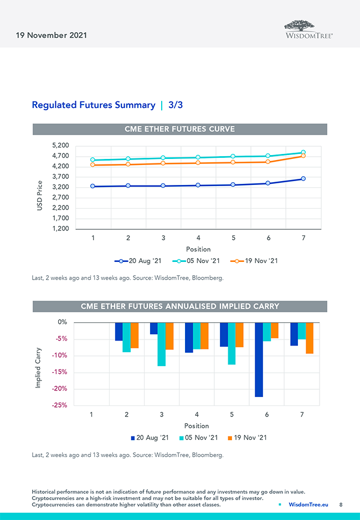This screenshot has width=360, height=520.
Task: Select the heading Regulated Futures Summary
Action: coord(94,105)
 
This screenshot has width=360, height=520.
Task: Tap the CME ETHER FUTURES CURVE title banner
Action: coord(179,129)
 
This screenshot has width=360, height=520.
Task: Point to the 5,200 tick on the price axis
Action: coord(60,146)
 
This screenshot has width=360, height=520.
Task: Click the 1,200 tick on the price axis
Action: coord(60,229)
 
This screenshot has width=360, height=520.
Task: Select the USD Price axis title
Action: coord(40,195)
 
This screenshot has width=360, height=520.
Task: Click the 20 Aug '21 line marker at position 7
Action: coord(303,178)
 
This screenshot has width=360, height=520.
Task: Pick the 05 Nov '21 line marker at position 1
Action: coord(93,160)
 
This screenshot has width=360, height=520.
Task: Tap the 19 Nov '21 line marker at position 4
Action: coord(198,163)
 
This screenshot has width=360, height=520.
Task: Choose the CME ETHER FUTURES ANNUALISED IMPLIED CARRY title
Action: coord(179,306)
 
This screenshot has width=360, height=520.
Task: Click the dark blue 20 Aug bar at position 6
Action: coord(259,359)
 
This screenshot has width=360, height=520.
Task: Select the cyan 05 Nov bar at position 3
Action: coord(162,344)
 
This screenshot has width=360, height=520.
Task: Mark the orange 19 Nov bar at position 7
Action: coord(309,338)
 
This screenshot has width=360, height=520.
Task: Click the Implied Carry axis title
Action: coord(38,367)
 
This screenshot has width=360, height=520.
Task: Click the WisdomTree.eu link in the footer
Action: coord(308,504)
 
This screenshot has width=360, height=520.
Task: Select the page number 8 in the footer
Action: coord(341,504)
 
